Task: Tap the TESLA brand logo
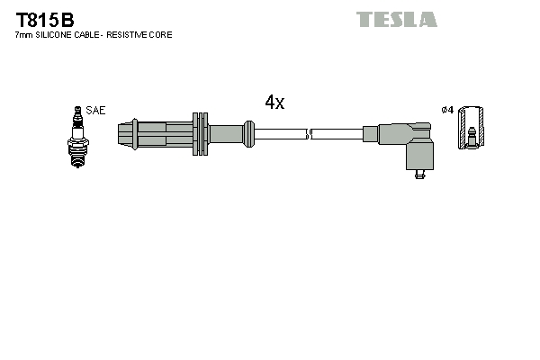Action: coord(396,19)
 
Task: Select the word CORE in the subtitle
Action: coord(162,34)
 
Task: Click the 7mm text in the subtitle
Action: coord(24,34)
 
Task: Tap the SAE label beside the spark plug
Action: coord(95,110)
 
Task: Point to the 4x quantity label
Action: coord(274,103)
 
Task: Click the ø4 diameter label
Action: coord(446,110)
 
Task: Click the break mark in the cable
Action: coord(309,135)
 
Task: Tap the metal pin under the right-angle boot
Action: coord(417,175)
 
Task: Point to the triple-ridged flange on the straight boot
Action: coord(200,135)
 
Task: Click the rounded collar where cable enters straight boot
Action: coord(247,135)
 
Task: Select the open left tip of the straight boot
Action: coord(122,135)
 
